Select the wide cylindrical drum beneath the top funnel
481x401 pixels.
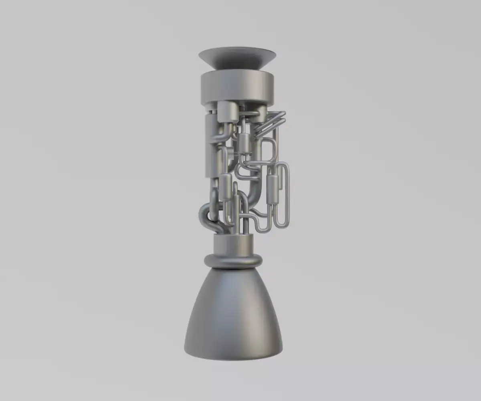237,86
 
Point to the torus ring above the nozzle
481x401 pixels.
233,261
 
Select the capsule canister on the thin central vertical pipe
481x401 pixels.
245,144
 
